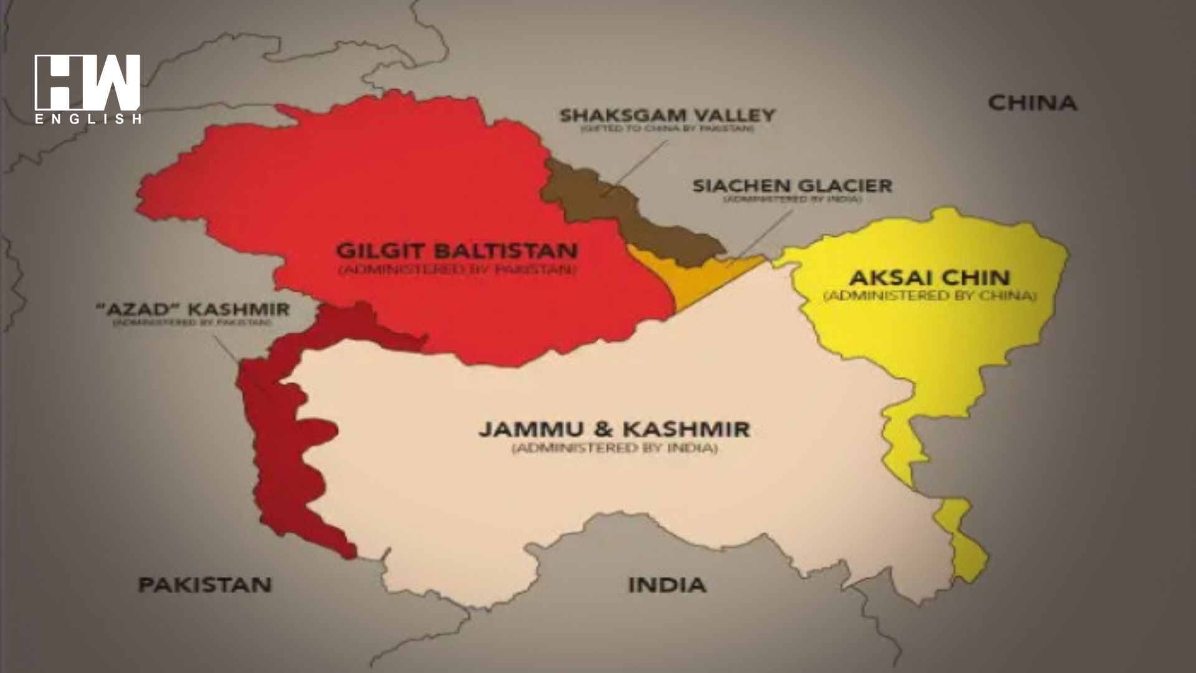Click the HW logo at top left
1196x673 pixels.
pos(87,81)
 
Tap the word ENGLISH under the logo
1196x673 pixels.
pos(87,119)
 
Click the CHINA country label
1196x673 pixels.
pos(1032,103)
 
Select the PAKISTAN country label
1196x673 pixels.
pos(205,585)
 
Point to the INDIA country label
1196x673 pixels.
pos(667,585)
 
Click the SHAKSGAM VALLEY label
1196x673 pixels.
pos(667,115)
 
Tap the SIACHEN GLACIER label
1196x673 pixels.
pos(792,185)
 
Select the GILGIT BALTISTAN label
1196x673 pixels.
pos(457,251)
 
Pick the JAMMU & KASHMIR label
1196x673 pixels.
pos(614,429)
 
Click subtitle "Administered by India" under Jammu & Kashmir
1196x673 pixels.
pos(614,449)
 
